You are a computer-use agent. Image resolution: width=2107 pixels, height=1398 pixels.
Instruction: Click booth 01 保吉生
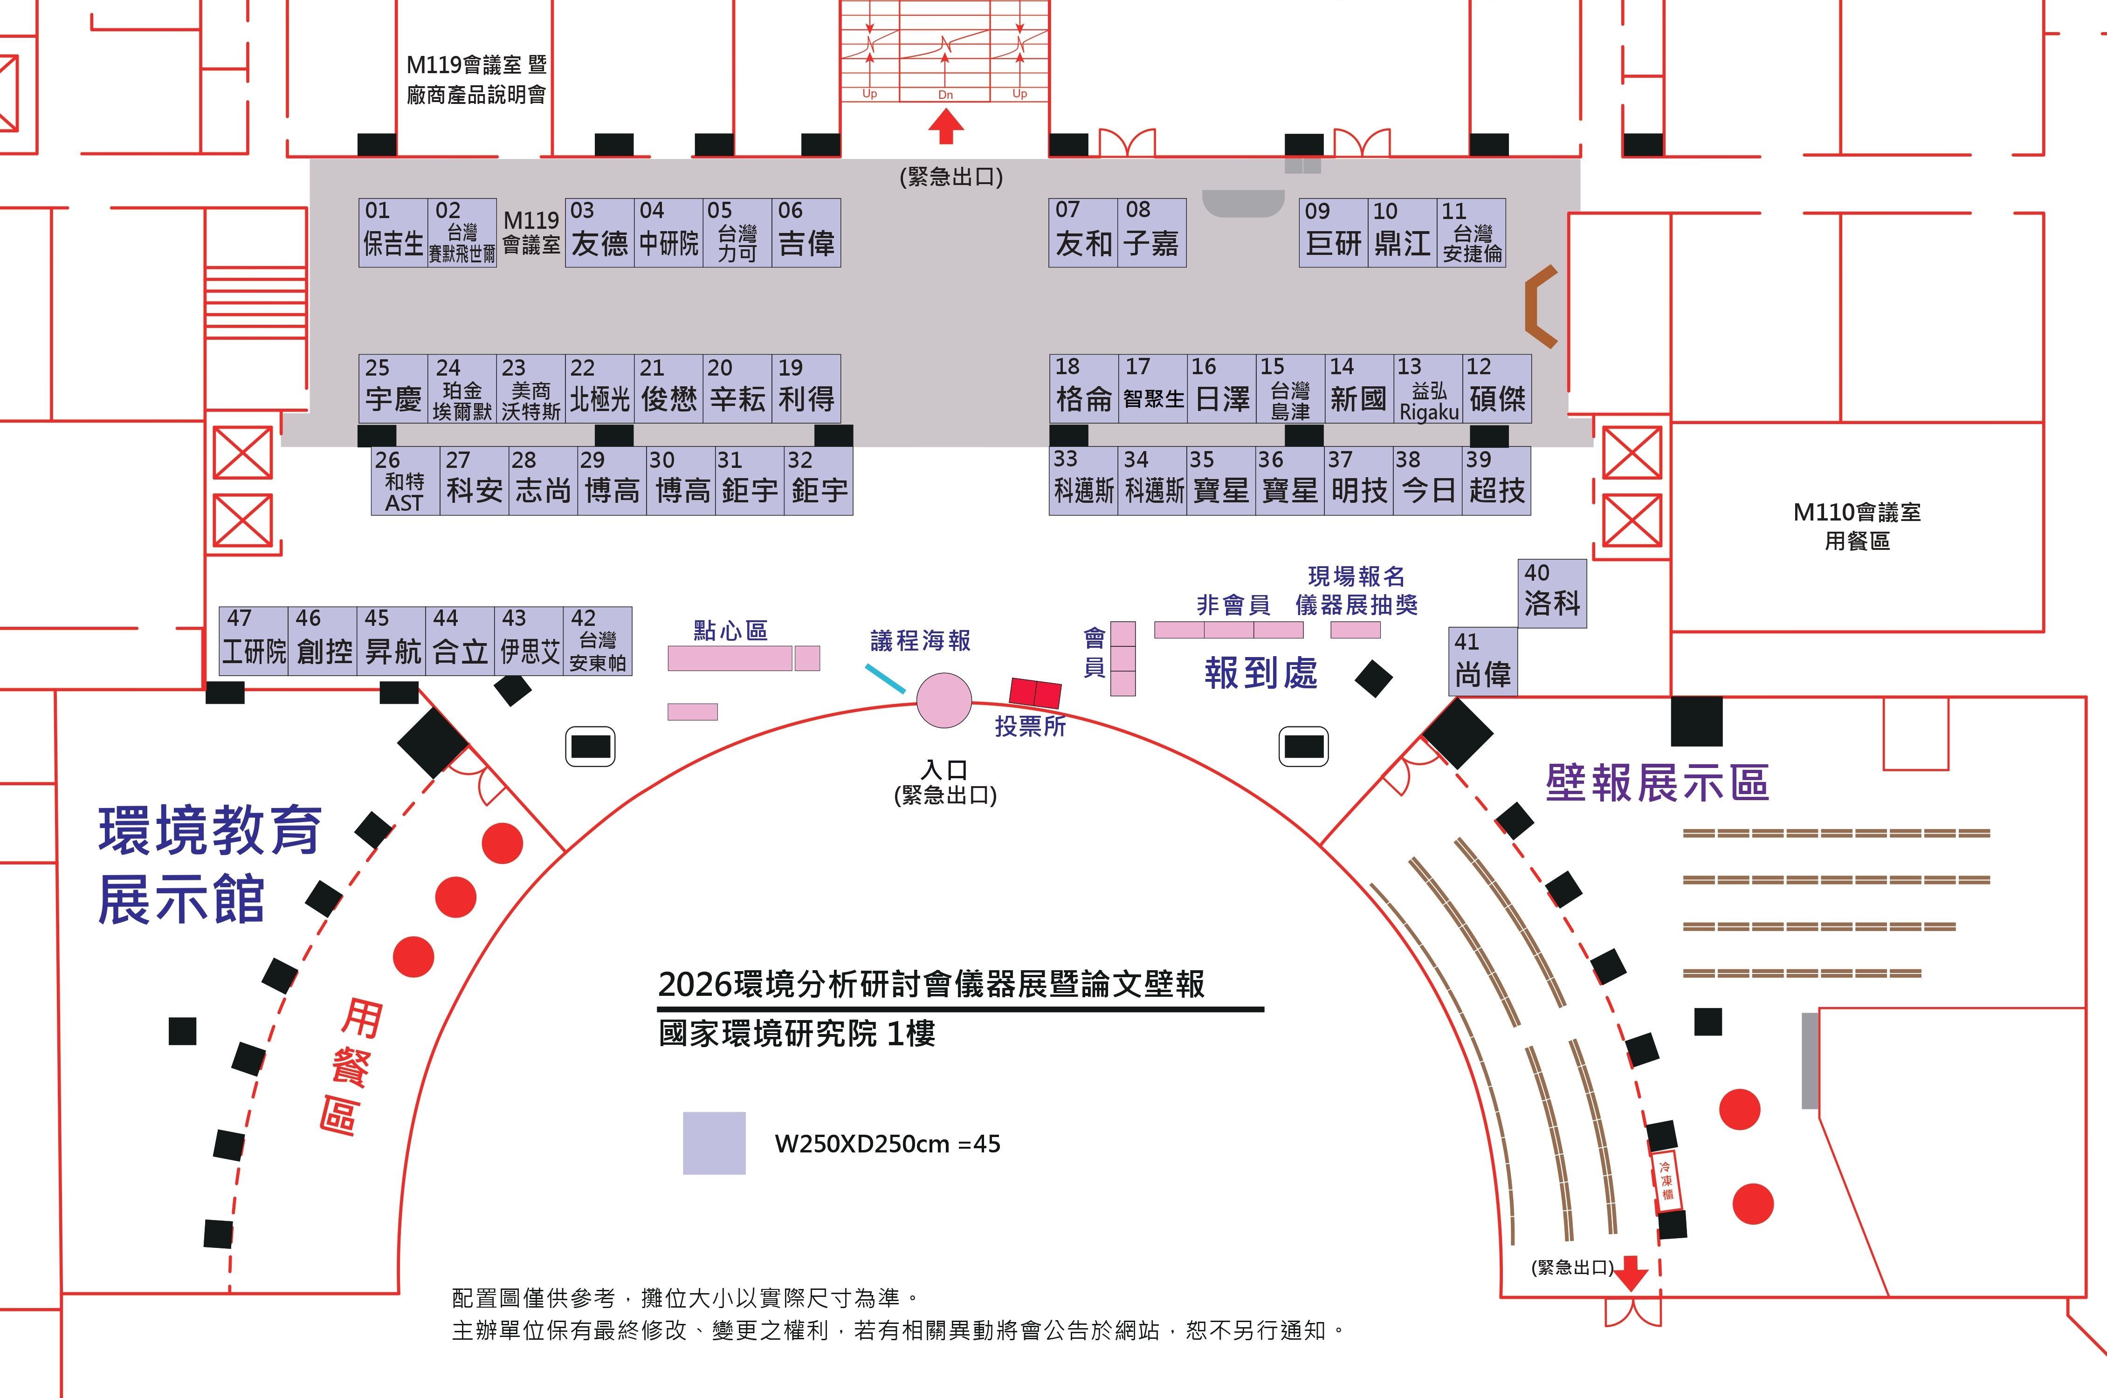pos(393,233)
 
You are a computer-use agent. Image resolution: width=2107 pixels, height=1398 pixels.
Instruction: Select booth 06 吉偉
pos(806,233)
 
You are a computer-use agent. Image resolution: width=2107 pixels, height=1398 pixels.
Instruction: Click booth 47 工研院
pos(254,641)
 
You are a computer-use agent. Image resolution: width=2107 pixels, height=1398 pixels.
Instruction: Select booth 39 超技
pos(1496,481)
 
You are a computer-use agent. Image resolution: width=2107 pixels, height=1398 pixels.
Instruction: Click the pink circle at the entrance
pos(944,700)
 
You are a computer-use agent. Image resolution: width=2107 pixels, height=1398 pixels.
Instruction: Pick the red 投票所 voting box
pos(1035,693)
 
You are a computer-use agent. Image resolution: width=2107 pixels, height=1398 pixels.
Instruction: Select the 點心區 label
pos(730,630)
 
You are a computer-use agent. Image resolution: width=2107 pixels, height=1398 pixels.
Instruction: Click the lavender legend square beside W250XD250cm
pos(714,1143)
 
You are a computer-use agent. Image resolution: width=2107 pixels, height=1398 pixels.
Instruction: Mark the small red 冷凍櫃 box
pos(1666,1180)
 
